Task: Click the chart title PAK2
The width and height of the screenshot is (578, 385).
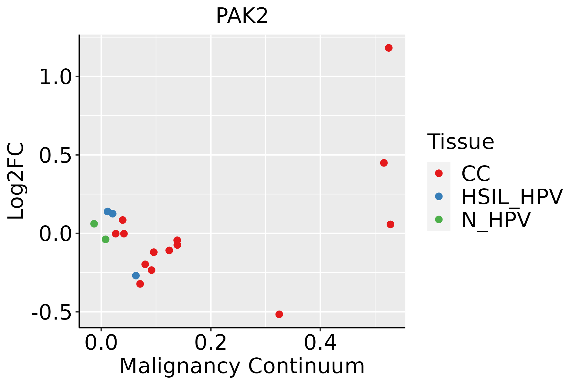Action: click(242, 16)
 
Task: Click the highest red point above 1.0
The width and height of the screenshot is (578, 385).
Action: click(389, 48)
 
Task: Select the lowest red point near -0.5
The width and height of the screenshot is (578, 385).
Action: click(279, 314)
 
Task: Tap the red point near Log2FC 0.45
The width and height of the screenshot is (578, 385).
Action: click(384, 163)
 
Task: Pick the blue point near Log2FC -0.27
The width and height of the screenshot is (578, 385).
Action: click(136, 276)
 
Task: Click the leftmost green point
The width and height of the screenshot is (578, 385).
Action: click(94, 224)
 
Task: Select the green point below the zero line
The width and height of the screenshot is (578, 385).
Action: click(106, 239)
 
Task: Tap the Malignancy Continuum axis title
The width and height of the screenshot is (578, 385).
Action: click(242, 366)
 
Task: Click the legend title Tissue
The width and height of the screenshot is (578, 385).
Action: click(460, 142)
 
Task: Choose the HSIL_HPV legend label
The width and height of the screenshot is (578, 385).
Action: click(512, 197)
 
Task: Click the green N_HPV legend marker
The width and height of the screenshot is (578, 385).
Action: click(439, 219)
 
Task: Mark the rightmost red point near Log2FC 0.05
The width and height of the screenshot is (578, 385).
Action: click(390, 225)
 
